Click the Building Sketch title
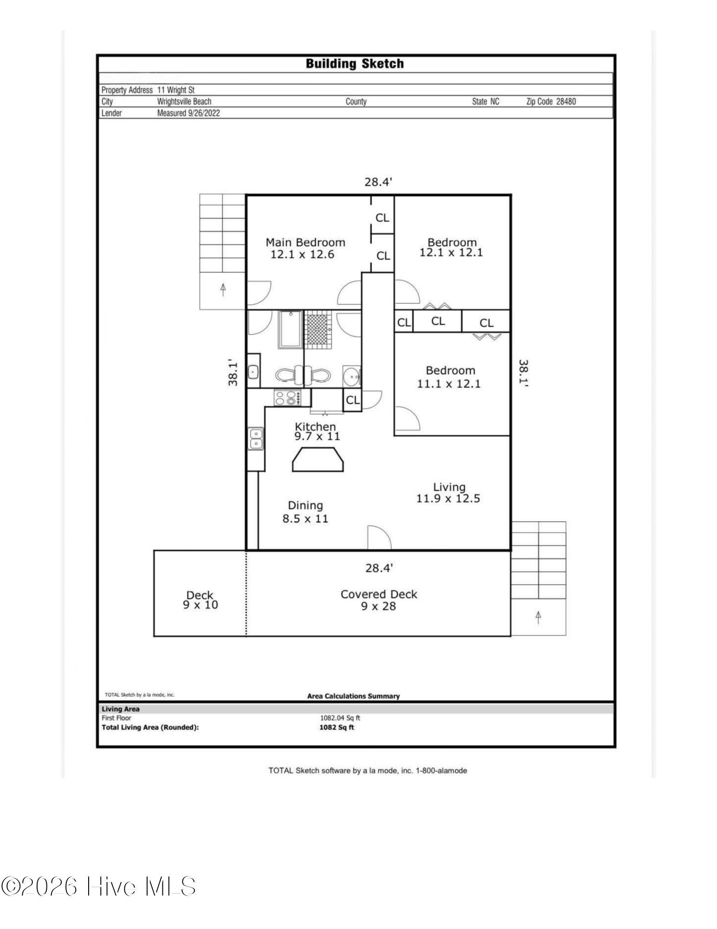[355, 64]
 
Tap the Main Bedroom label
[305, 242]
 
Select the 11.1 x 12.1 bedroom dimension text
[449, 384]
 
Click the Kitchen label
[315, 426]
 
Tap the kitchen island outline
[318, 459]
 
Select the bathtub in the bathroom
[291, 329]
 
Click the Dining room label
[305, 505]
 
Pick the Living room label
[449, 487]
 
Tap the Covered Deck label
[379, 594]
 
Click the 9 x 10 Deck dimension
[200, 605]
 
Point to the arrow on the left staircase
[223, 289]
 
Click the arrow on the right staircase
[538, 617]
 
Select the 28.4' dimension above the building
[378, 182]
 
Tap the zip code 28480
[566, 101]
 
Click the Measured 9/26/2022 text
[188, 113]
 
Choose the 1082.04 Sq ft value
[340, 718]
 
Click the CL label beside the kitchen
[353, 400]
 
